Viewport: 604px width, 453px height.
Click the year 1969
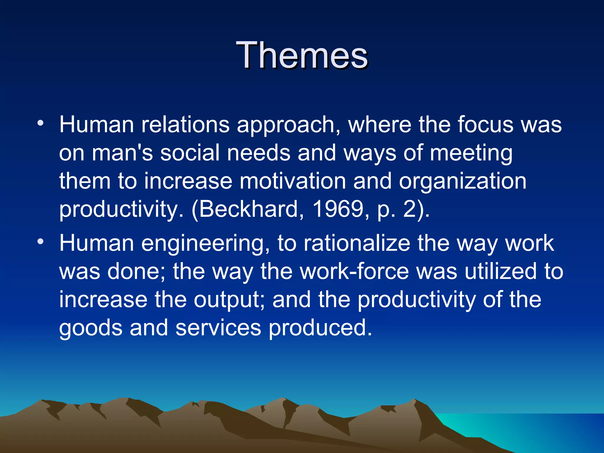338,209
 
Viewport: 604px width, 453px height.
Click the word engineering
205,244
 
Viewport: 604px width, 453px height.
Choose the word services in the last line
218,328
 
